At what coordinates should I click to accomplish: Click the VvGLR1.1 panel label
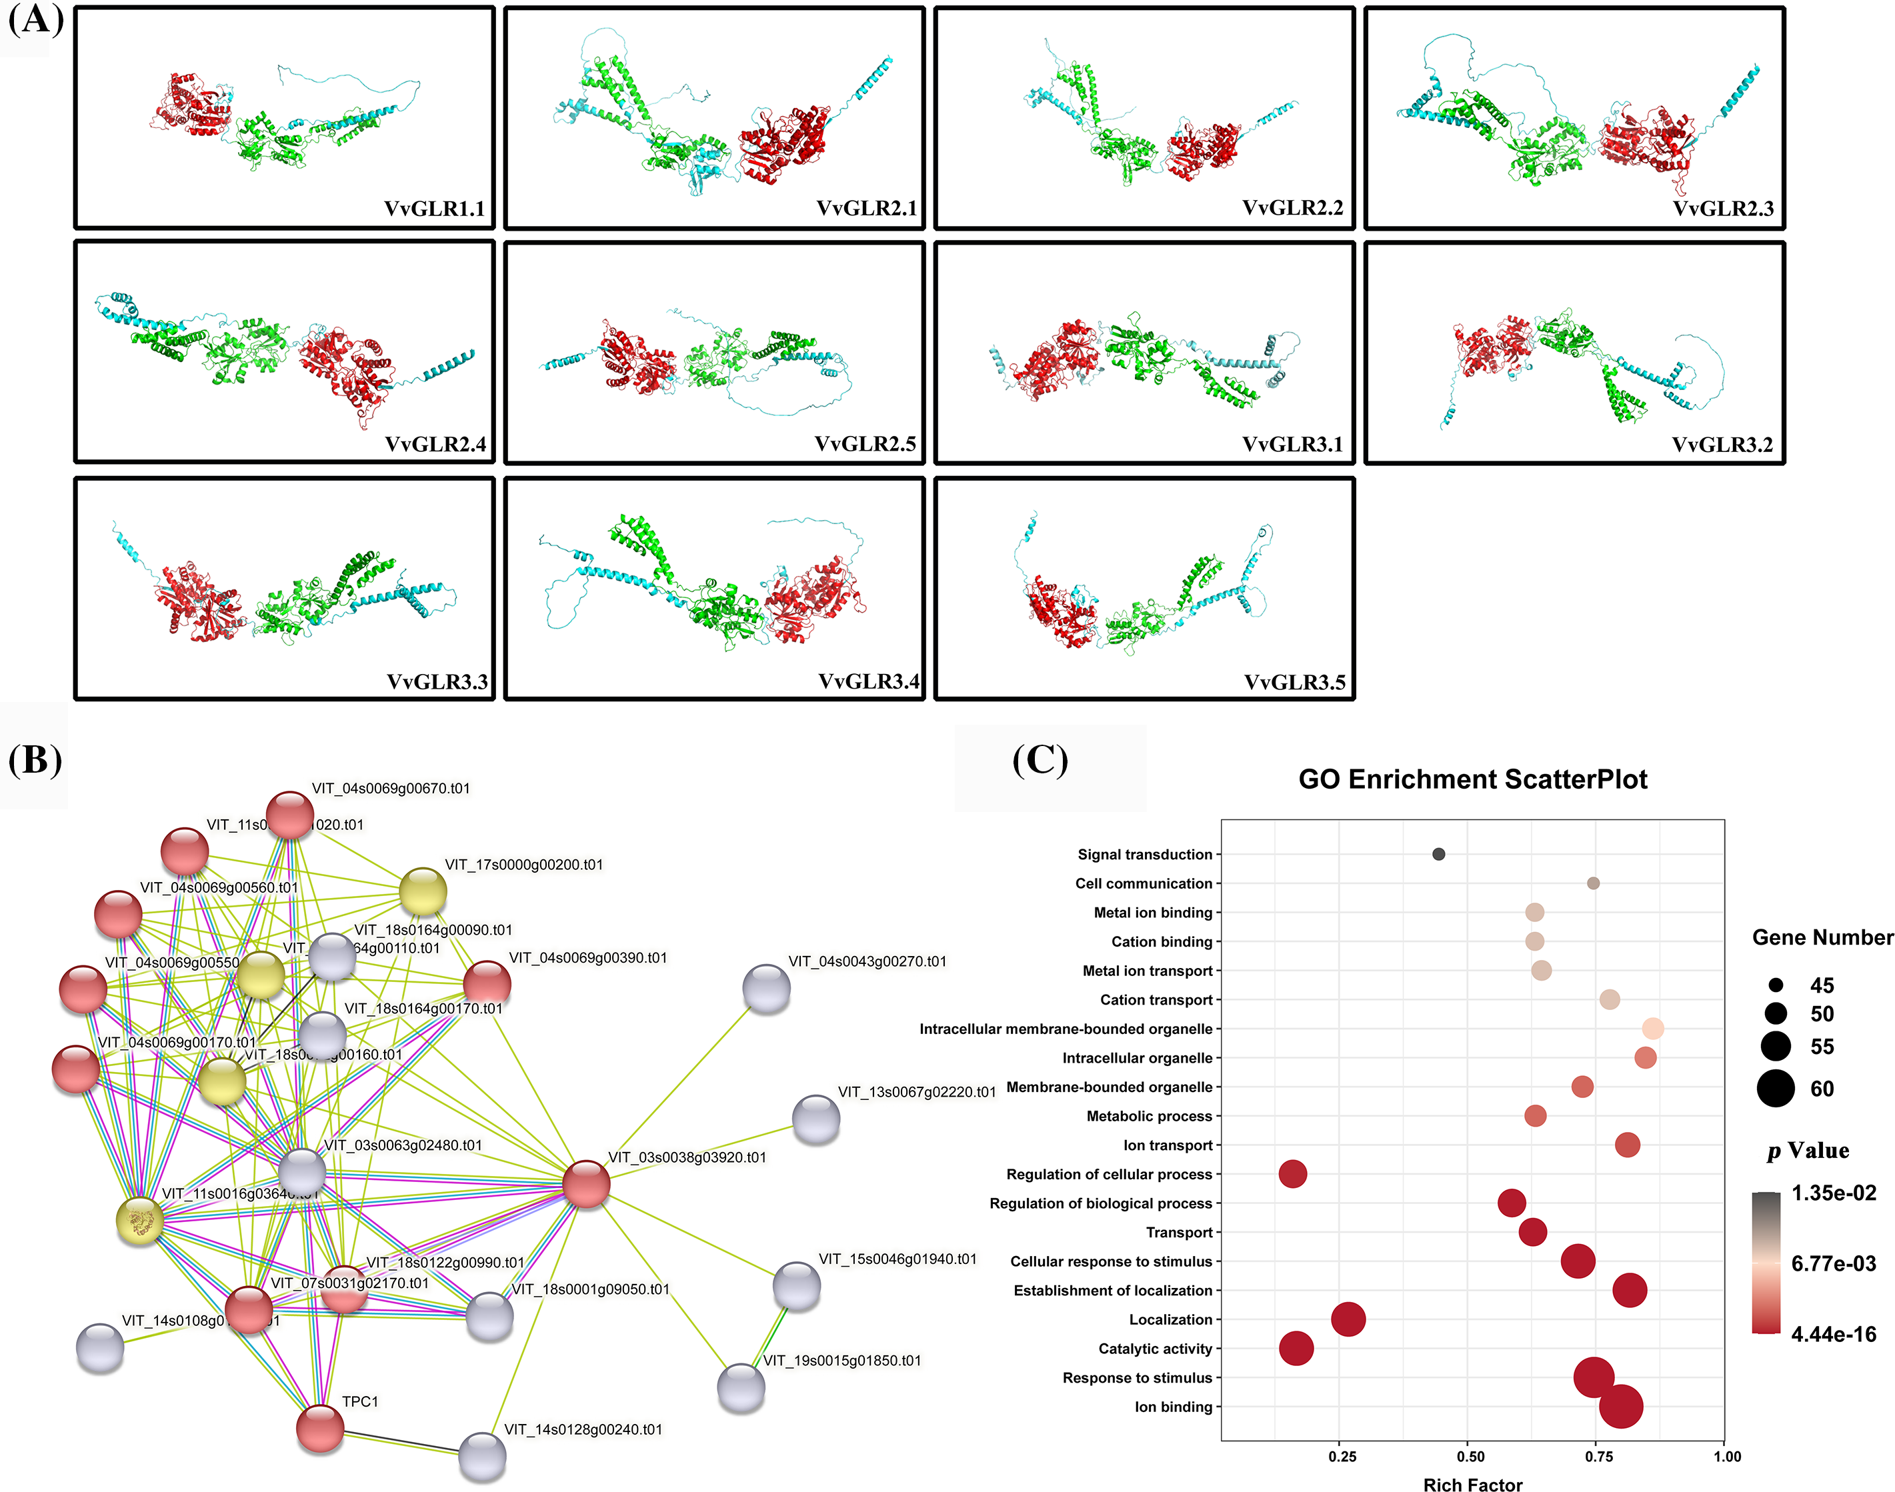434,209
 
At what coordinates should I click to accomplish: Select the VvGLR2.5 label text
865,444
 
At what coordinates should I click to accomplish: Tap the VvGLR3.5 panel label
1295,682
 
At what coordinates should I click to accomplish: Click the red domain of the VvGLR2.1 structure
783,144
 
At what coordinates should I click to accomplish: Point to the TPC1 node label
360,1401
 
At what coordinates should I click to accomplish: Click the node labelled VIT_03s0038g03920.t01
585,1185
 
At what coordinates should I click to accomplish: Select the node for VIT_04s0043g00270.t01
766,989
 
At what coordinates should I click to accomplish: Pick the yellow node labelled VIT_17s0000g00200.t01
423,892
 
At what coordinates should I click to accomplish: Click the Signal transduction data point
1438,854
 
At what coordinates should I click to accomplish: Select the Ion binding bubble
1621,1407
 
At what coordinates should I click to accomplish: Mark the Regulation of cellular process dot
1292,1174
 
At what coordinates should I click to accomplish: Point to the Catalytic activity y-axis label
1155,1349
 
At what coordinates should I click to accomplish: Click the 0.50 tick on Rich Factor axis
1470,1456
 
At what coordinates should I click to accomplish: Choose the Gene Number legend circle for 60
1775,1089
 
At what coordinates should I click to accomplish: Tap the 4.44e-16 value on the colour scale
1833,1334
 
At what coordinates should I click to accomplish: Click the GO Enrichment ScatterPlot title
1472,779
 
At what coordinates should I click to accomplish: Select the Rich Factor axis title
1472,1483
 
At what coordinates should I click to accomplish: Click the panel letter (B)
35,759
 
